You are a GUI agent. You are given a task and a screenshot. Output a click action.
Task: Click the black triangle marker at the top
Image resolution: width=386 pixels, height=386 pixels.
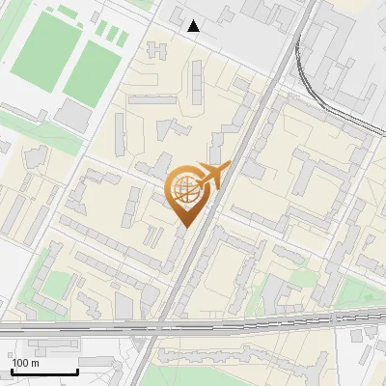[x=194, y=26]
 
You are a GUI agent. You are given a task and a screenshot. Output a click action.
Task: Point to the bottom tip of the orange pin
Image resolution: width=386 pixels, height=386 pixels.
[x=184, y=228]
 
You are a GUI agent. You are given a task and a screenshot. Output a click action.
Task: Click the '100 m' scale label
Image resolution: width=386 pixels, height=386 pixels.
[x=26, y=363]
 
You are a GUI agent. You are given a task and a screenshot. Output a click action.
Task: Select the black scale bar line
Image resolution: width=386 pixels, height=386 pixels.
[x=44, y=372]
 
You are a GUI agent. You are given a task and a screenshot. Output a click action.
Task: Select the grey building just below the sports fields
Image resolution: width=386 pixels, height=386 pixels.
[x=72, y=116]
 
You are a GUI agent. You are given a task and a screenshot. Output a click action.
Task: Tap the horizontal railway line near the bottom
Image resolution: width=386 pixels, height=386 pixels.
[x=289, y=319]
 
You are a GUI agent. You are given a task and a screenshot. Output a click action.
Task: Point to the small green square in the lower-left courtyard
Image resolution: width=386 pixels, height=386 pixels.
[x=57, y=285]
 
